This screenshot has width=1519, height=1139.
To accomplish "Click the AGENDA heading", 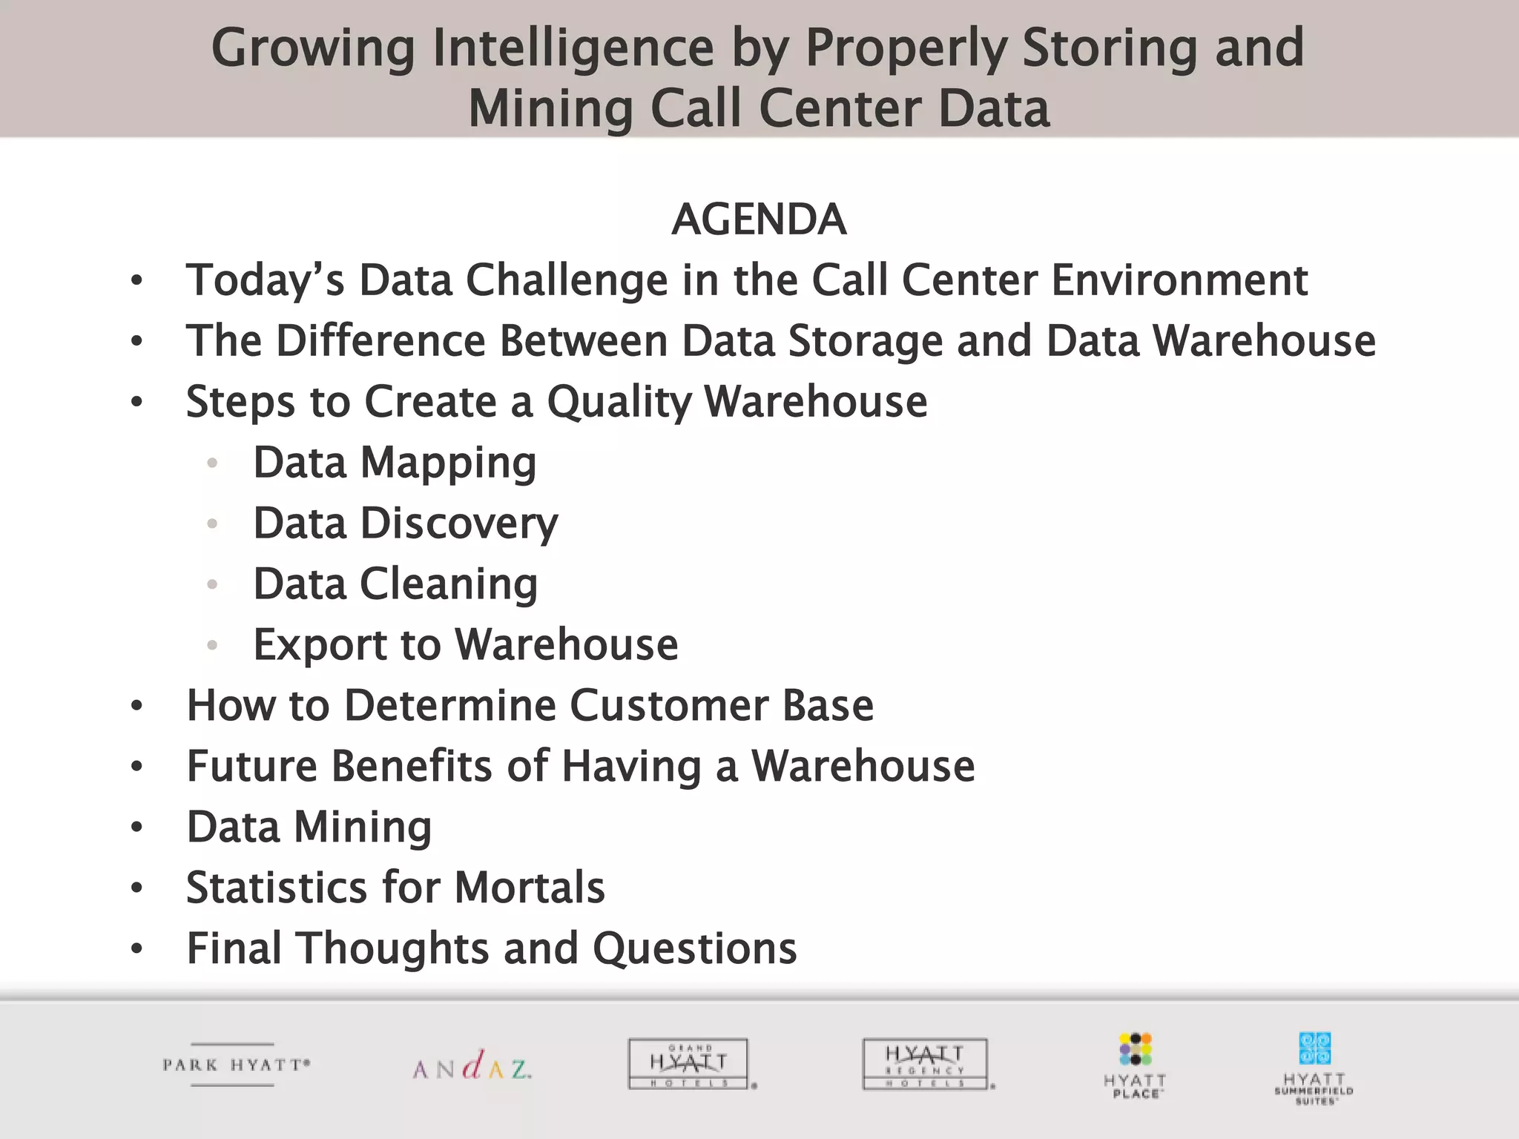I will tap(759, 219).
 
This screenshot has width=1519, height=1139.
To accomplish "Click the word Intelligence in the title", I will tap(573, 47).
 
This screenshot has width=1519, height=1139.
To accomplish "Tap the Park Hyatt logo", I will tap(235, 1065).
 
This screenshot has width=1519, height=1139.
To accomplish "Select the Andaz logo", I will tap(472, 1066).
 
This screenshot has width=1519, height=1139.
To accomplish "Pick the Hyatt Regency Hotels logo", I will tap(926, 1064).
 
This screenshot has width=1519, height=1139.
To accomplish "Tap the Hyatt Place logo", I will tap(1136, 1066).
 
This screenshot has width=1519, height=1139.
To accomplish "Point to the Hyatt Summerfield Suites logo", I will tap(1314, 1068).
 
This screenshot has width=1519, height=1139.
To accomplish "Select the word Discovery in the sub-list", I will tap(458, 524).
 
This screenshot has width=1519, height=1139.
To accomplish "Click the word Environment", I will tap(1179, 280).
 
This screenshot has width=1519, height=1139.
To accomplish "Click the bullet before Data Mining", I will tap(136, 827).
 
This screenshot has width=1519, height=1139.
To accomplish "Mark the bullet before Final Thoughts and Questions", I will tap(136, 948).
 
